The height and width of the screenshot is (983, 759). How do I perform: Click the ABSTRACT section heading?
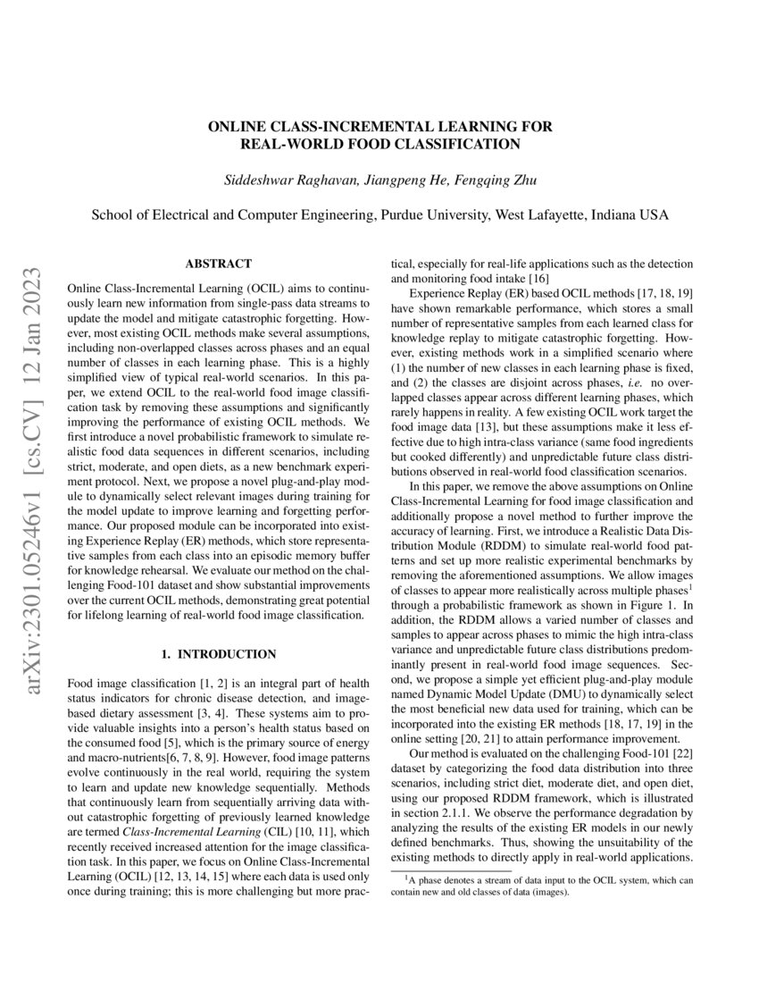coord(218,265)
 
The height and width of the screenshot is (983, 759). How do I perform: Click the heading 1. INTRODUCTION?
coord(218,654)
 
